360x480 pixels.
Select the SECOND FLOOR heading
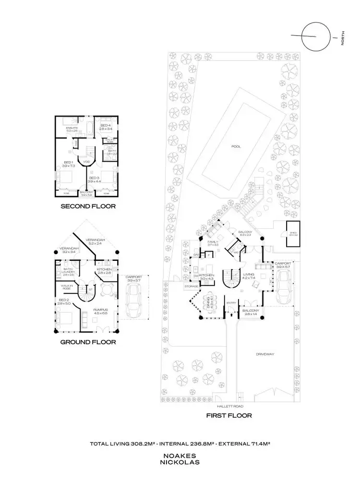point(88,207)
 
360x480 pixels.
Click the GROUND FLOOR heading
point(88,342)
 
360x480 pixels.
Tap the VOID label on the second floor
point(87,162)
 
